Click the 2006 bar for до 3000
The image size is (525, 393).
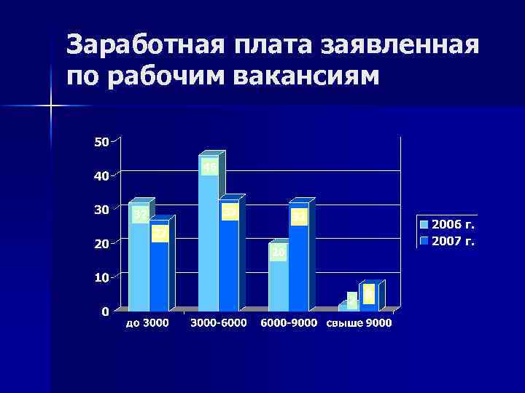pyautogui.click(x=139, y=262)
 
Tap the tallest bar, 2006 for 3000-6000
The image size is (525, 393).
pyautogui.click(x=209, y=240)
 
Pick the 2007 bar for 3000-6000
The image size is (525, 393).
pyautogui.click(x=229, y=262)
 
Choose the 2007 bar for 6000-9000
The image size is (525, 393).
pyautogui.click(x=299, y=262)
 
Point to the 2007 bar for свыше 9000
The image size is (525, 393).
pyautogui.click(x=369, y=298)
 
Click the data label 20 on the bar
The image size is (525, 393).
pyautogui.click(x=279, y=253)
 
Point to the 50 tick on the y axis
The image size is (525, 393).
pyautogui.click(x=101, y=141)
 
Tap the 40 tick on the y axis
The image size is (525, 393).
pyautogui.click(x=101, y=175)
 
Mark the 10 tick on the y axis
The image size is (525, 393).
pyautogui.click(x=101, y=277)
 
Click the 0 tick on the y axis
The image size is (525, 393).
pyautogui.click(x=106, y=311)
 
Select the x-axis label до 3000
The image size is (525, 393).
pyautogui.click(x=148, y=323)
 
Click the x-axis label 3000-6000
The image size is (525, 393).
pyautogui.click(x=219, y=323)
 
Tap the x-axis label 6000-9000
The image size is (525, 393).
pyautogui.click(x=289, y=323)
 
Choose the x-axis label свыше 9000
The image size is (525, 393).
pyautogui.click(x=359, y=323)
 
